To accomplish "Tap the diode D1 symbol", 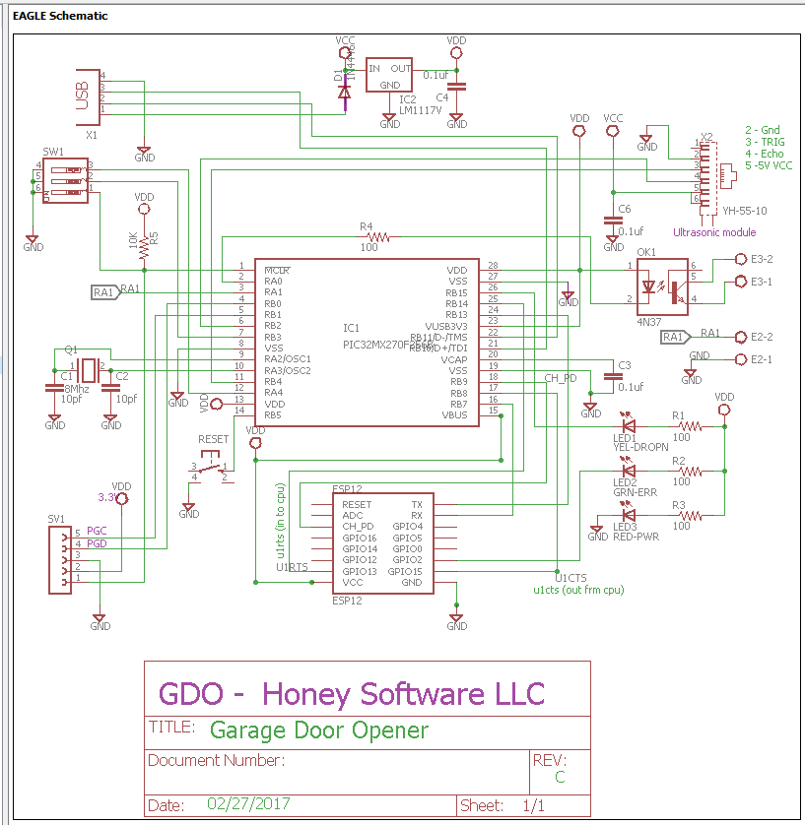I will point(344,92).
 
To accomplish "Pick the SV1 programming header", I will point(60,560).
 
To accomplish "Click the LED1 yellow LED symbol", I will point(627,427).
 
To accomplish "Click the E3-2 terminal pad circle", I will point(740,260).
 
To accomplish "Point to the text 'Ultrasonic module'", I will point(713,232).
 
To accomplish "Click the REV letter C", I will point(560,778).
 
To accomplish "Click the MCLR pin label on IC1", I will point(277,270).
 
